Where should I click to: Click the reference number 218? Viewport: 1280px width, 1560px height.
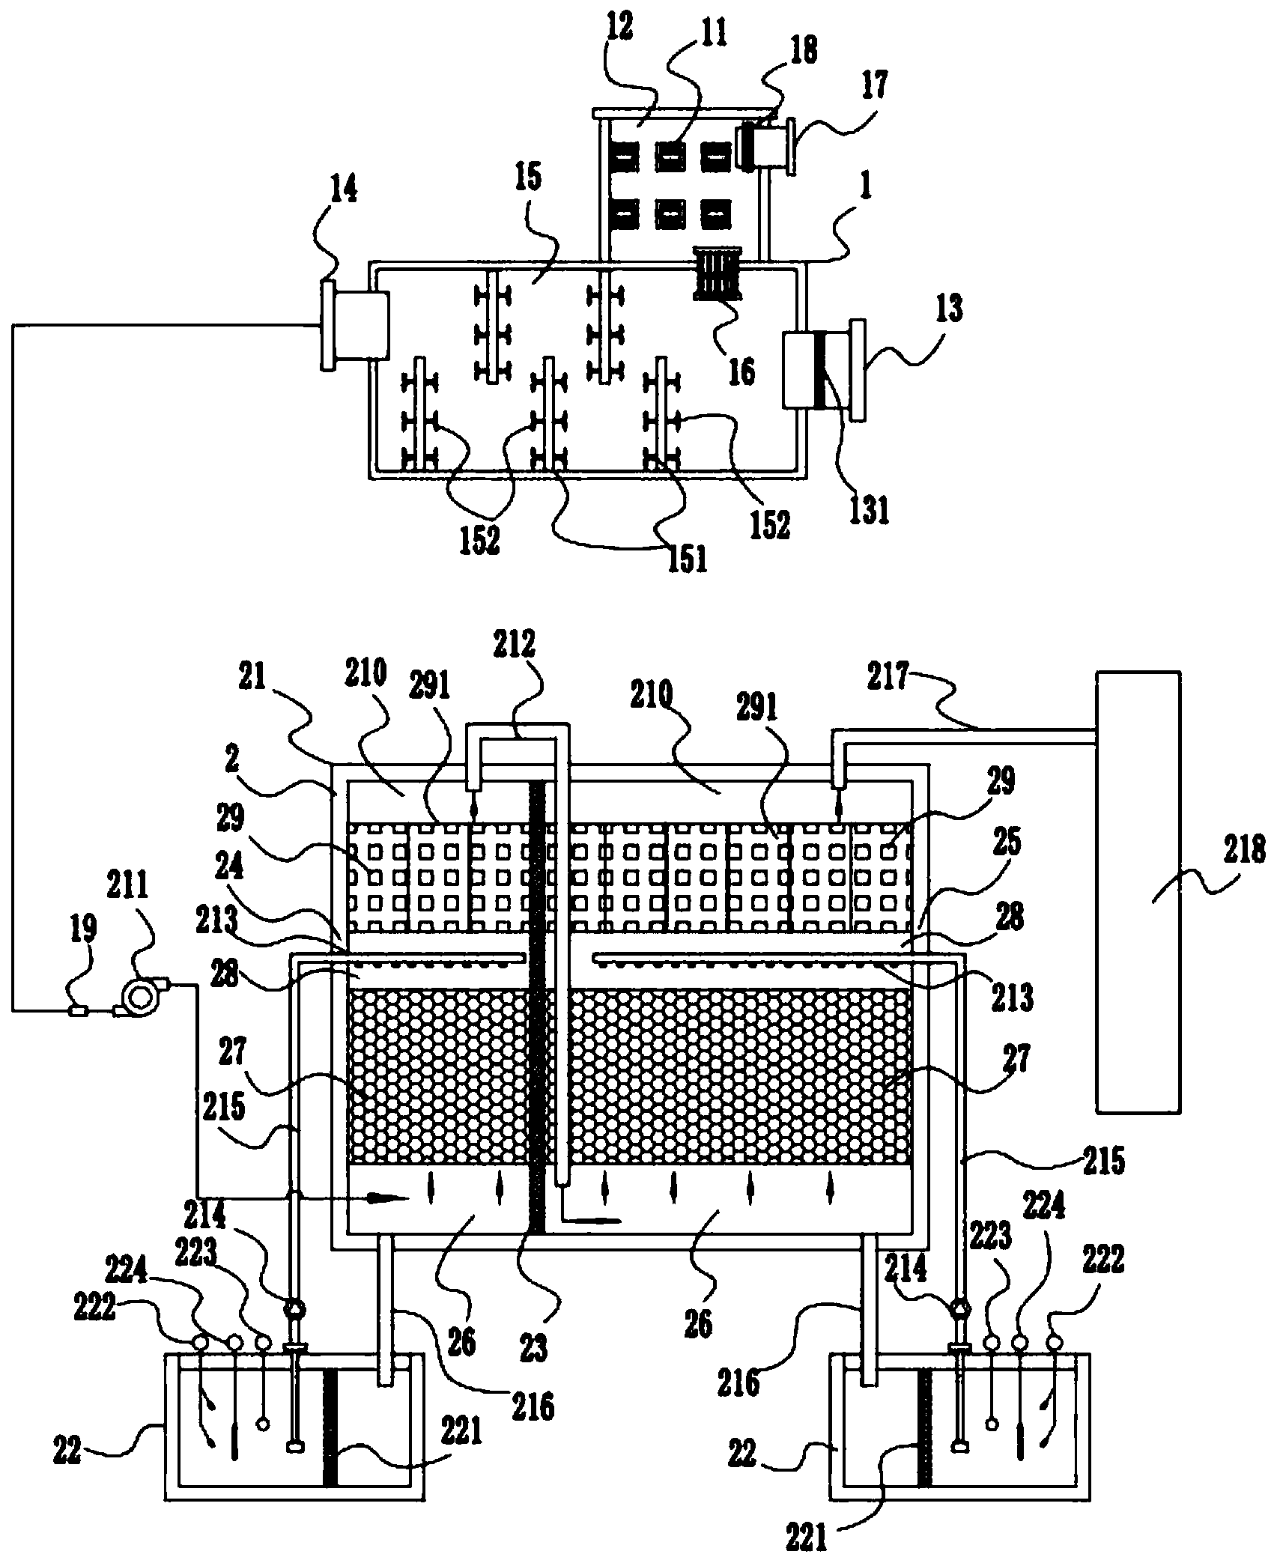click(1243, 851)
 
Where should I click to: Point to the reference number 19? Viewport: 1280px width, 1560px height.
click(83, 931)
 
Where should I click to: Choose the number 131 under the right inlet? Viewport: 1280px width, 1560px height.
click(869, 511)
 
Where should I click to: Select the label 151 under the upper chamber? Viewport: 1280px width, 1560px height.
click(688, 559)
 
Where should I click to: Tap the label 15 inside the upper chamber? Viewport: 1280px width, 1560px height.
click(529, 183)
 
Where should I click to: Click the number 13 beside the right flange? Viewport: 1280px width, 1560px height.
click(949, 310)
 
